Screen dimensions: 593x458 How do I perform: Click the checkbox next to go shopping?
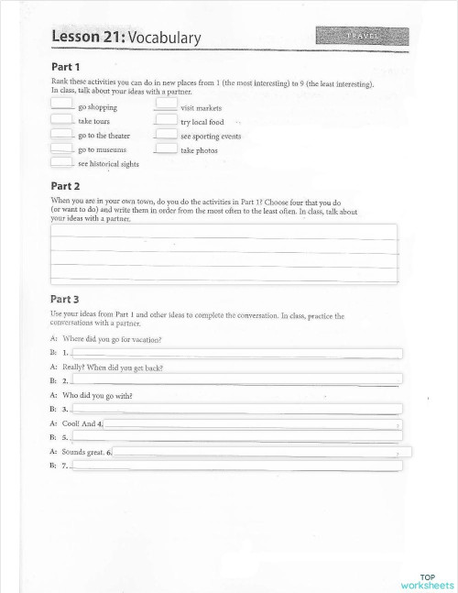pos(61,106)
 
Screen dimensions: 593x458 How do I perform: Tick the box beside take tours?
pos(61,120)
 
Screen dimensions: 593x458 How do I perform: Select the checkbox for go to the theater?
pos(61,135)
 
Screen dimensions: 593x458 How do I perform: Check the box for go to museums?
pos(61,148)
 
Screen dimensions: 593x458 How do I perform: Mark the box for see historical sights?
pos(61,163)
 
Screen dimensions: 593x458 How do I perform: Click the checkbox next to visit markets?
pos(166,106)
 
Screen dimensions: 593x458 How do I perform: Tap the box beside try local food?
pos(166,120)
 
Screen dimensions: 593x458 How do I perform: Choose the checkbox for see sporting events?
pos(166,135)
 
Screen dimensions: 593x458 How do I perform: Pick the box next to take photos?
pos(166,148)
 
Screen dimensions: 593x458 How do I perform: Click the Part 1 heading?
pos(65,67)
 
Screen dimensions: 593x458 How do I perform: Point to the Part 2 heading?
pos(65,185)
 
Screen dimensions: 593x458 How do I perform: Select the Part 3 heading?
pos(65,299)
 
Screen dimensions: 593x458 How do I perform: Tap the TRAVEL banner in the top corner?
pos(363,36)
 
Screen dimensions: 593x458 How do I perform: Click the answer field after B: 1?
pos(236,353)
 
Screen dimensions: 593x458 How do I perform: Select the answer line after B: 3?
pos(236,409)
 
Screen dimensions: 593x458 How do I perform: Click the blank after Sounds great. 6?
pos(261,452)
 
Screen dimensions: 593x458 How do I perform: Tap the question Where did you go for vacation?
pos(112,339)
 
